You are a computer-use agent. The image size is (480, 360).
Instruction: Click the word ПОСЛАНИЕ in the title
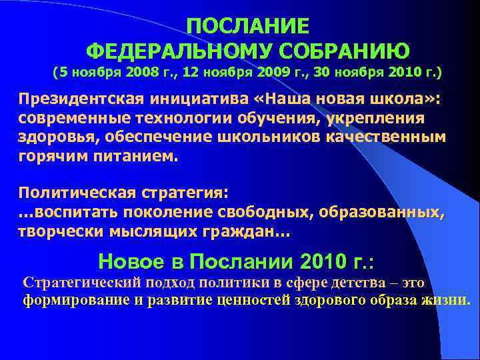point(248,26)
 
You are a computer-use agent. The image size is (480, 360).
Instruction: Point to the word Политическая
point(77,193)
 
